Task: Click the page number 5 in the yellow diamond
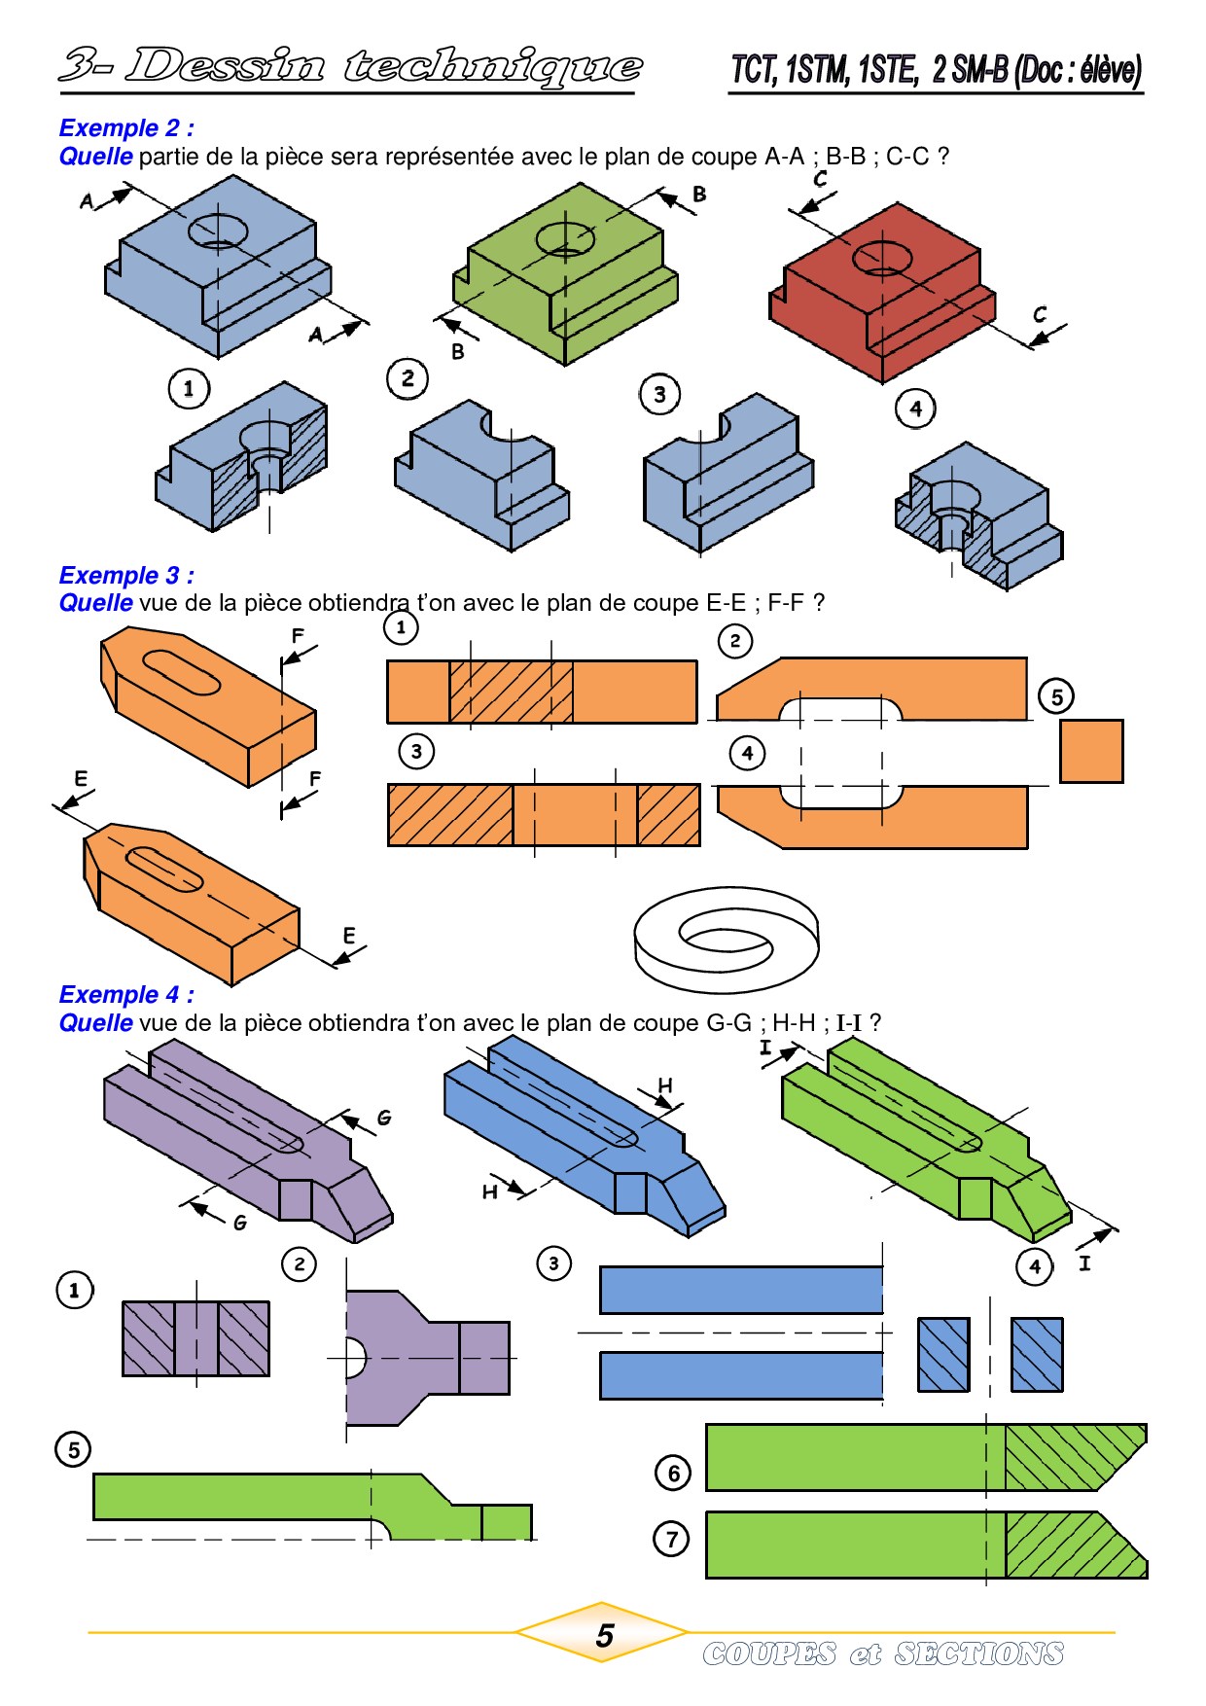click(604, 1635)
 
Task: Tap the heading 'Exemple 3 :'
click(126, 575)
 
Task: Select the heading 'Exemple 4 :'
click(126, 994)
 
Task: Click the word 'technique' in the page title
click(492, 66)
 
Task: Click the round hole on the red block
click(882, 258)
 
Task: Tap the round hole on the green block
click(565, 237)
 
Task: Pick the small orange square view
click(1091, 751)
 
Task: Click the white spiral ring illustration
click(726, 938)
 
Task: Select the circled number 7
click(671, 1539)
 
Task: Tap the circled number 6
click(673, 1473)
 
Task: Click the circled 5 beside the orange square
click(1057, 695)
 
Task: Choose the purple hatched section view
click(195, 1338)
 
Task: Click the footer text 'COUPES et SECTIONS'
click(883, 1653)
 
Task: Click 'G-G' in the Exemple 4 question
click(728, 1023)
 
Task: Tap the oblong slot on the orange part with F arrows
click(181, 672)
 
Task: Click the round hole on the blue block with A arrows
click(218, 231)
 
